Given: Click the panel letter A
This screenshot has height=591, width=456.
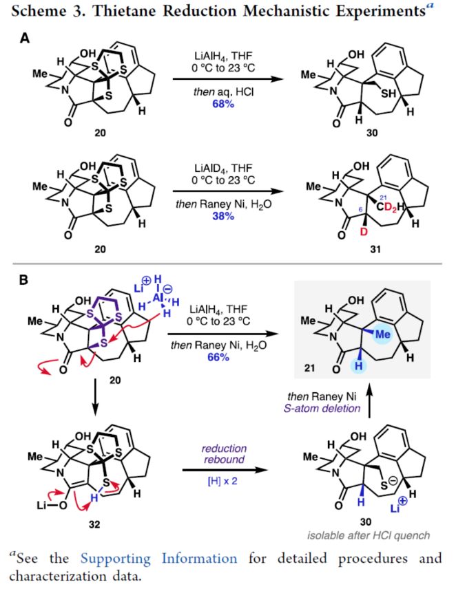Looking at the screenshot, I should click(25, 41).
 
